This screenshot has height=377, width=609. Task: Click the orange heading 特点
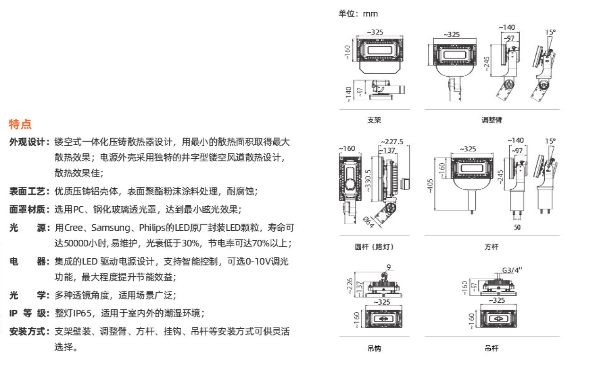tap(20, 124)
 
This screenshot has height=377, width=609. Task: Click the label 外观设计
tap(28, 142)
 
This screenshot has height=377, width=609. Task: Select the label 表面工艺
tap(28, 192)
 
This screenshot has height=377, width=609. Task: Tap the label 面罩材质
tap(28, 210)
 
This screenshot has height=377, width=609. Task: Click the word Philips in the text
tap(150, 228)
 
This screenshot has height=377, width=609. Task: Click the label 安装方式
tap(28, 332)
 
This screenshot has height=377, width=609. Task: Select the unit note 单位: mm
tap(358, 14)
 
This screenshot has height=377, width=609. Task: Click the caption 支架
tap(374, 120)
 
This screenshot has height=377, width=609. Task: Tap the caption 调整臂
tap(492, 120)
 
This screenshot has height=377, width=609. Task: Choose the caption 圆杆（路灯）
tap(374, 247)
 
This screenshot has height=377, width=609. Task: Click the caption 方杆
tap(492, 247)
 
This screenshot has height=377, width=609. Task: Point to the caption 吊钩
tap(374, 349)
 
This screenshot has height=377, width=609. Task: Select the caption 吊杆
tap(492, 349)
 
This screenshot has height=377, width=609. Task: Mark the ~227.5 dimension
tap(392, 141)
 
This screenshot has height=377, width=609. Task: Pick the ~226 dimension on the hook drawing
tap(349, 285)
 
